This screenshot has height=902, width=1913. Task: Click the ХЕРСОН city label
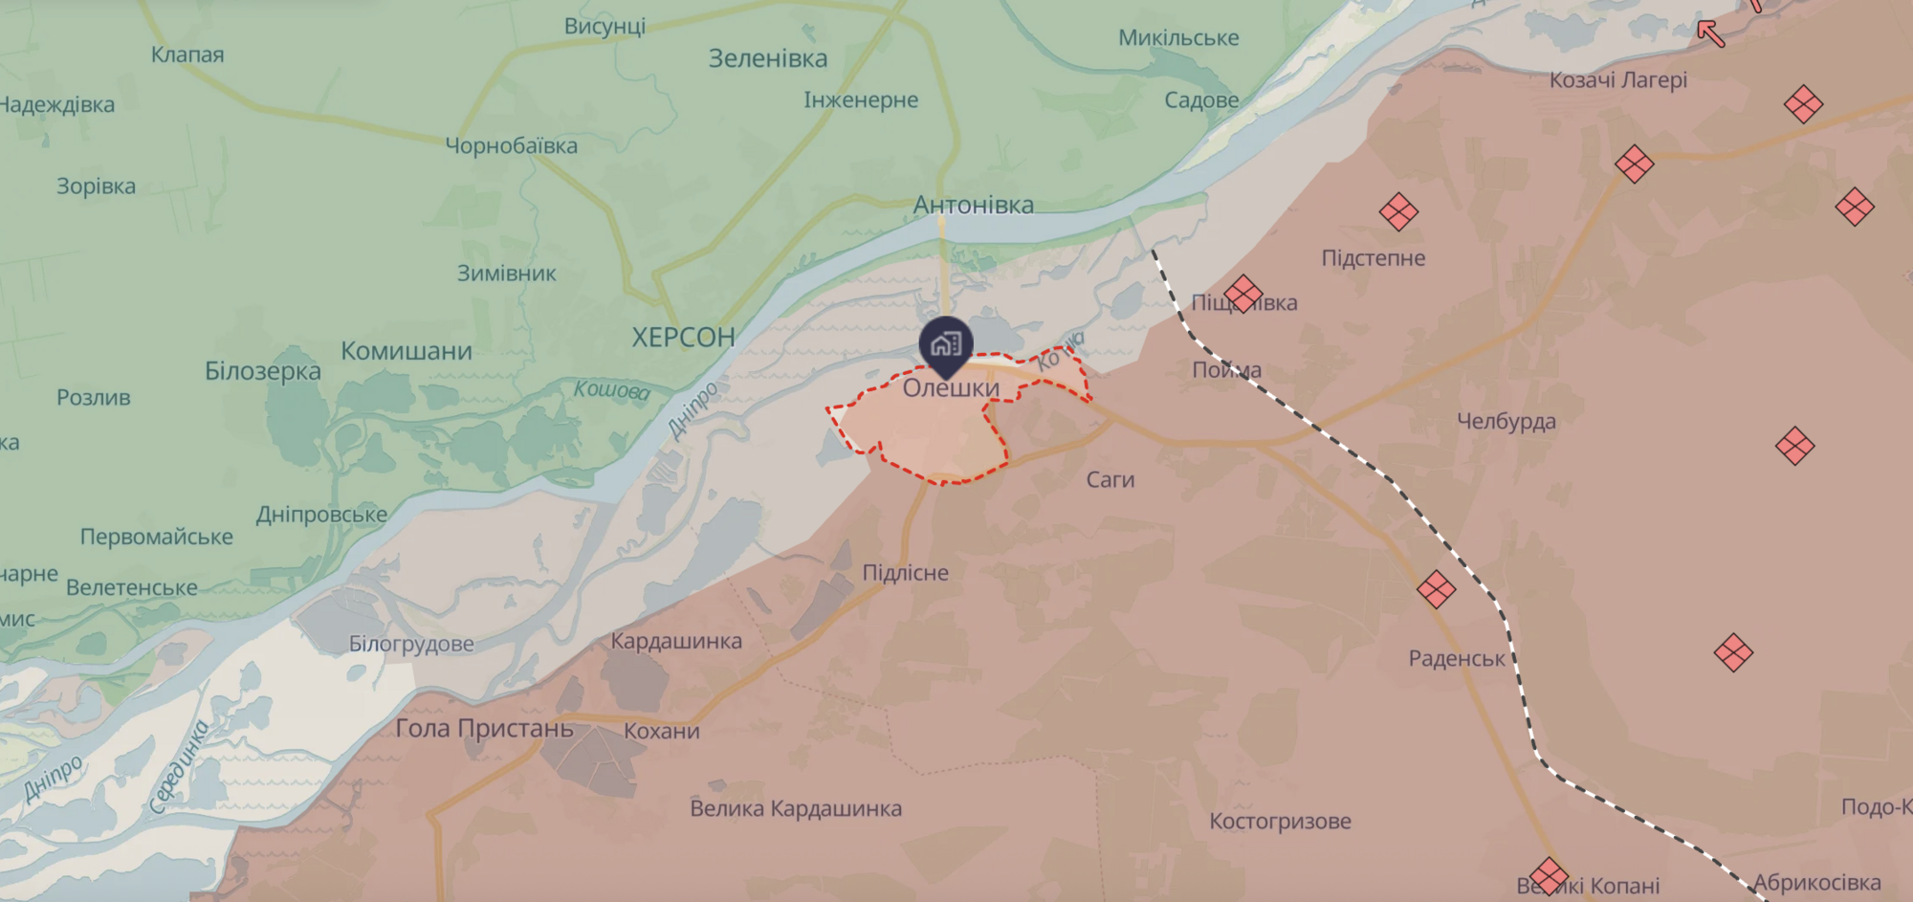tap(683, 337)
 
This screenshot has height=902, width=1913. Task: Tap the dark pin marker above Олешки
tap(946, 344)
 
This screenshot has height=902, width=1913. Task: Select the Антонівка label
tap(973, 205)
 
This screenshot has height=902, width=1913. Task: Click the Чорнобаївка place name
tap(511, 146)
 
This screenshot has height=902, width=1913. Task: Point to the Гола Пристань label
tap(484, 728)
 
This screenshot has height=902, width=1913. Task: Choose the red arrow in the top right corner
tap(1710, 33)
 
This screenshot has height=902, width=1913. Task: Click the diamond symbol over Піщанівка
tap(1242, 294)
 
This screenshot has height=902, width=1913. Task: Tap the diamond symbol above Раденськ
tap(1436, 589)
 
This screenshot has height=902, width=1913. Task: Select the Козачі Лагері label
tap(1617, 80)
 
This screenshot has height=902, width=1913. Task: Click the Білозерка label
tap(262, 371)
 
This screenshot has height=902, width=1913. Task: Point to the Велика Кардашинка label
tap(796, 808)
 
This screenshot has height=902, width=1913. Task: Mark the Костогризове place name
tap(1280, 821)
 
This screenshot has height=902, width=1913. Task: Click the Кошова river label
tap(611, 389)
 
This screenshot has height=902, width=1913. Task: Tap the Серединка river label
tap(179, 767)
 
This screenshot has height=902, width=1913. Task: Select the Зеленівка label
tap(767, 58)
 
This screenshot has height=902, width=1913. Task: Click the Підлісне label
tap(905, 573)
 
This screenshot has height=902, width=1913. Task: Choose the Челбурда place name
tap(1506, 421)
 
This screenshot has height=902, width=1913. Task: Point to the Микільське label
tap(1178, 38)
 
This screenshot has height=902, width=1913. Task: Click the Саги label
tap(1110, 480)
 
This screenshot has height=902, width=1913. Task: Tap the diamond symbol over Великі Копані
tap(1548, 876)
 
